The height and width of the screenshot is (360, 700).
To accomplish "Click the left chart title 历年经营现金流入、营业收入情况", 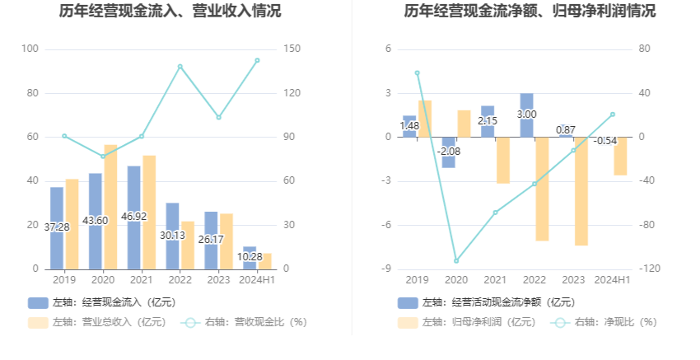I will [x=170, y=12].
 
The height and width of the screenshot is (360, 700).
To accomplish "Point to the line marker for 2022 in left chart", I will [x=180, y=67].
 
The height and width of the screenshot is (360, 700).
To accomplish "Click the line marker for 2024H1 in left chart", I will [x=257, y=60].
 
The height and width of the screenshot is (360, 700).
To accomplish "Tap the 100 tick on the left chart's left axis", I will [x=30, y=49].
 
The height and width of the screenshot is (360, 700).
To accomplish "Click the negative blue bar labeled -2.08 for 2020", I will [x=448, y=152].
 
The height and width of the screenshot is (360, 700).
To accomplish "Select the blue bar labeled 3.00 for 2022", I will [x=526, y=115].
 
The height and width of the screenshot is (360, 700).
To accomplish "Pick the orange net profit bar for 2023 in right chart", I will [x=581, y=191].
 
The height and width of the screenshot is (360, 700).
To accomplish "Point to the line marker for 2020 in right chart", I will [x=456, y=260].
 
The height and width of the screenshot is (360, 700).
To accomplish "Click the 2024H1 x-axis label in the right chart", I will [x=612, y=280].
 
